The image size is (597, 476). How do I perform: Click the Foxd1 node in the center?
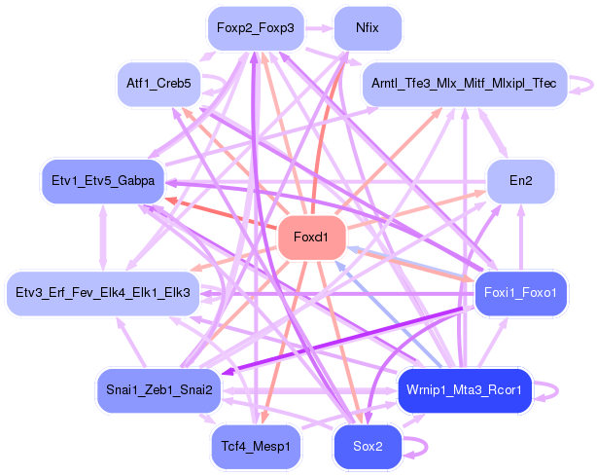click(312, 238)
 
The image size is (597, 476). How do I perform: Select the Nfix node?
click(368, 28)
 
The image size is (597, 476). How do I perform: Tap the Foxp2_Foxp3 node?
click(256, 28)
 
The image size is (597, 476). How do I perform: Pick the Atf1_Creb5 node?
click(158, 84)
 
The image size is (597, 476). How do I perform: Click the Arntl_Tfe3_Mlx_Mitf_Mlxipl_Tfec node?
click(465, 84)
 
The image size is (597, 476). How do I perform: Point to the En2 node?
click(521, 181)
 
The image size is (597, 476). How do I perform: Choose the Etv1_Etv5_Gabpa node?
click(103, 181)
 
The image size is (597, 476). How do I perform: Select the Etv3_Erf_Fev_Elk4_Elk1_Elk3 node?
click(103, 293)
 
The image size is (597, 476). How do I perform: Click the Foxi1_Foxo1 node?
click(521, 293)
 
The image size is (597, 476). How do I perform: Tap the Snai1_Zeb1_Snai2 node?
click(158, 390)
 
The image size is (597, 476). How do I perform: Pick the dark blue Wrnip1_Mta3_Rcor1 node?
click(465, 390)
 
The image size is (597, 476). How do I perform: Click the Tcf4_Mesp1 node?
click(256, 447)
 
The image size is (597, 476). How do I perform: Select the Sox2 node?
click(368, 447)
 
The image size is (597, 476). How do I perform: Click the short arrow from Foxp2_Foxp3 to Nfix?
click(319, 28)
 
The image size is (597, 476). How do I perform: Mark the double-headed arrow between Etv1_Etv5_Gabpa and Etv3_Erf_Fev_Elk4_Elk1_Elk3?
click(103, 238)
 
